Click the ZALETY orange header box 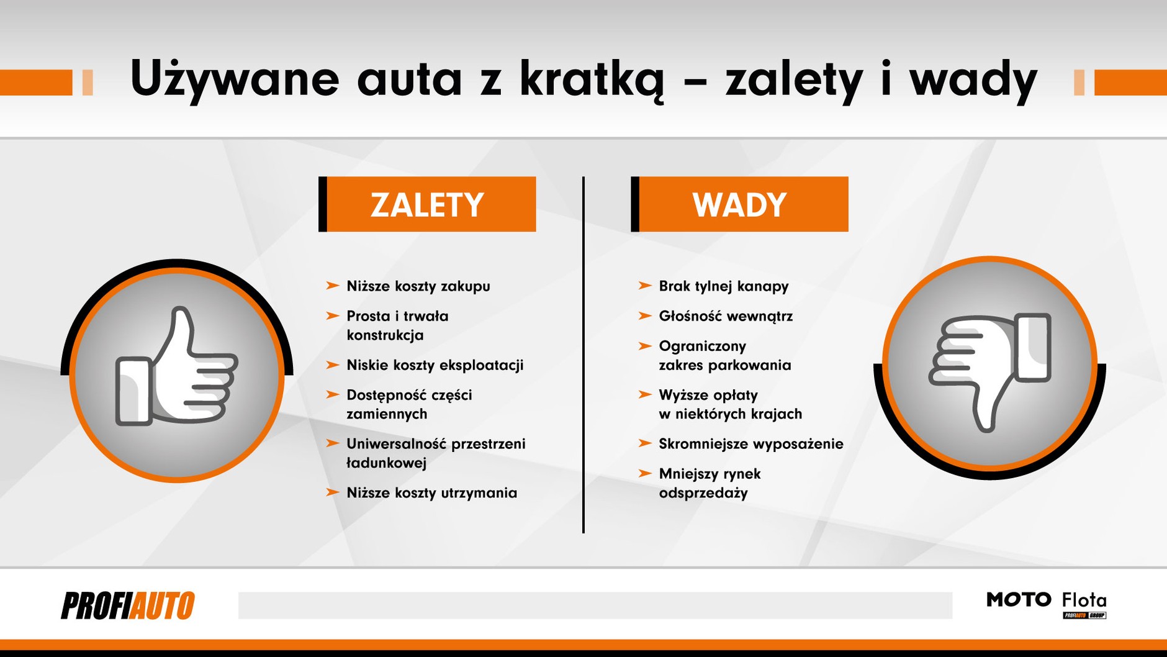click(427, 204)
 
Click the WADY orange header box click(739, 204)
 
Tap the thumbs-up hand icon click(177, 370)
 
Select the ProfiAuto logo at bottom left click(128, 605)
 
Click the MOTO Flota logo click(1047, 604)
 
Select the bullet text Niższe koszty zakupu click(418, 286)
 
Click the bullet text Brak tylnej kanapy click(724, 286)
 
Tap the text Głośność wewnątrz click(726, 316)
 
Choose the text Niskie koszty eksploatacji click(435, 365)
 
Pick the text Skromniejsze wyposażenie click(751, 444)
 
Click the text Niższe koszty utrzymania click(432, 493)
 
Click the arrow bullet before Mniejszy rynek click(644, 474)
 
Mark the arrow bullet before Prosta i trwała click(332, 316)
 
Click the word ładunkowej click(387, 463)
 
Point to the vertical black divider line click(583, 354)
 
